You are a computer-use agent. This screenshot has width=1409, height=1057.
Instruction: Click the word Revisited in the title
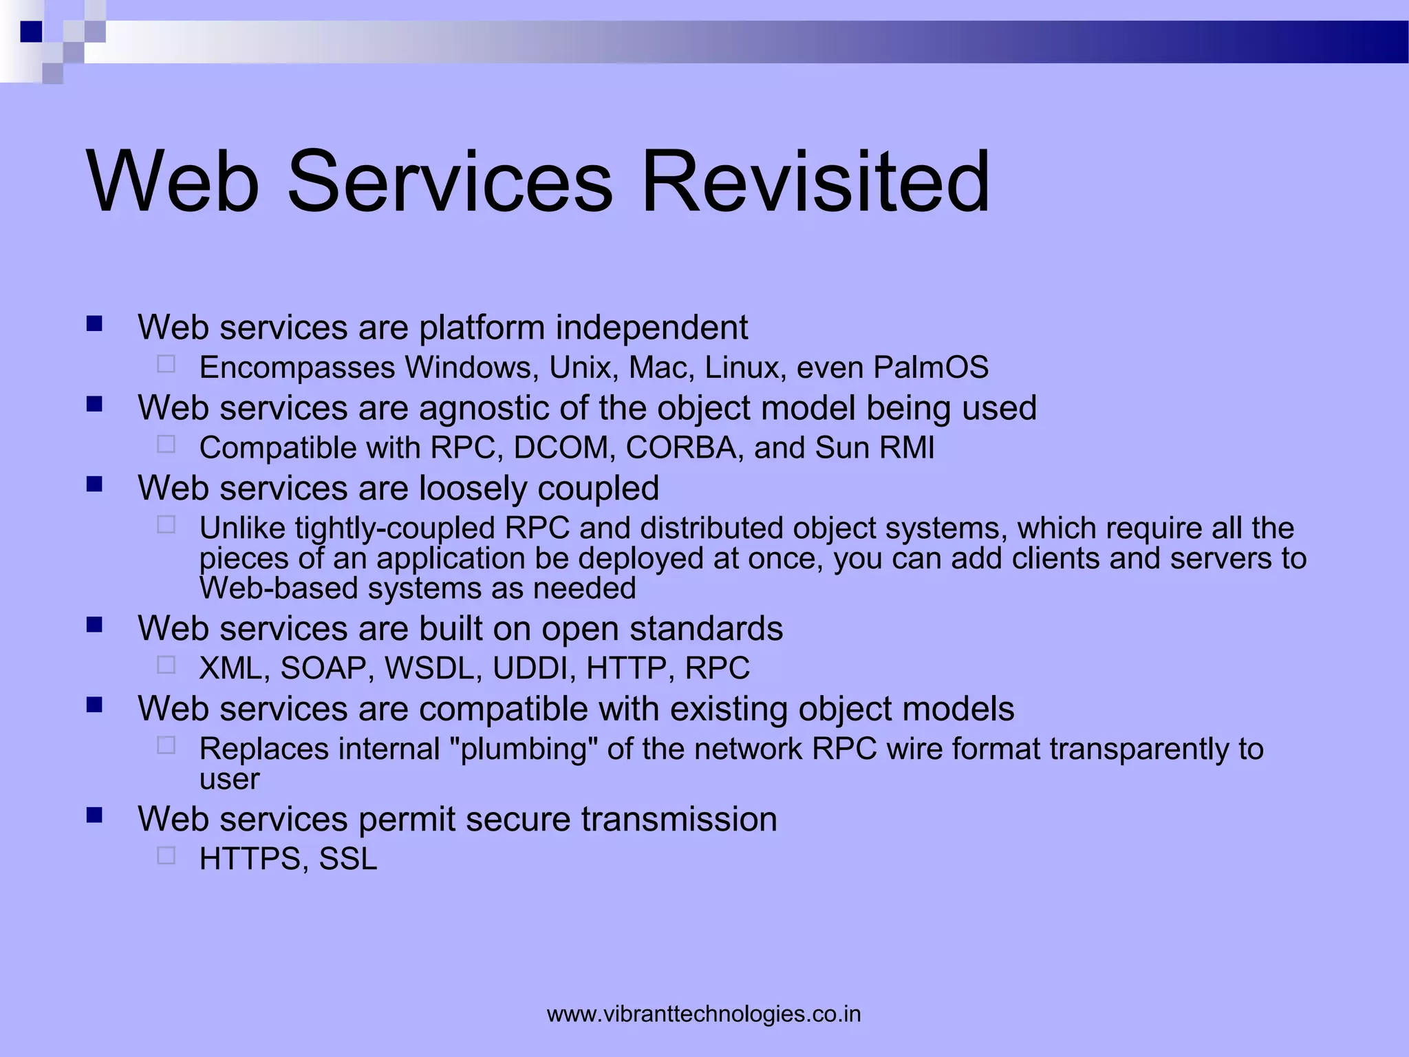pos(815,182)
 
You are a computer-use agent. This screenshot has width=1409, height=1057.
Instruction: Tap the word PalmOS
pos(931,367)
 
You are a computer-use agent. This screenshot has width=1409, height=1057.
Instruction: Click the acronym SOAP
pos(323,668)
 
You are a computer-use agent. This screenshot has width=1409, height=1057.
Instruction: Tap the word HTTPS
pos(254,859)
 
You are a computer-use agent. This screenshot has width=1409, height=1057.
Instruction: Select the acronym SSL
pos(348,859)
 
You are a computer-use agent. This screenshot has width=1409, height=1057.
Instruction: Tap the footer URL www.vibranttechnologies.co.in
pos(704,1014)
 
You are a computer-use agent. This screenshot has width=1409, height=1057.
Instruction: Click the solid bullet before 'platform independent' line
pos(95,323)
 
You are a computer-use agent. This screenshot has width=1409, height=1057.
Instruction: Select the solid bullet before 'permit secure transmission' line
pos(95,815)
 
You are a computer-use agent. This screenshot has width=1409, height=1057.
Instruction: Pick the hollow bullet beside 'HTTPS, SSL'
pos(166,855)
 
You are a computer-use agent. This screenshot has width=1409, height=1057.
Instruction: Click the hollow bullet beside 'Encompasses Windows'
pos(166,364)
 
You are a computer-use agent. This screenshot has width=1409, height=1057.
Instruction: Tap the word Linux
pos(745,367)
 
